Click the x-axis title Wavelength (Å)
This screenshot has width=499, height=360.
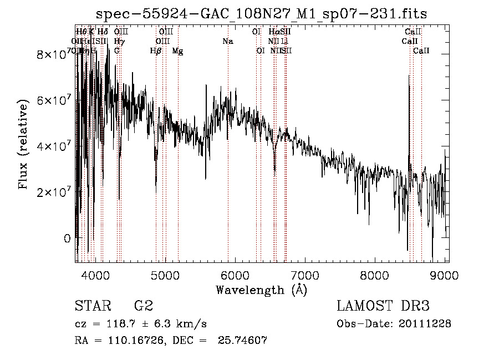pos(261,290)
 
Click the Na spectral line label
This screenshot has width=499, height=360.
pos(228,42)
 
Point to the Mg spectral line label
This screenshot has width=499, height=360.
pos(177,51)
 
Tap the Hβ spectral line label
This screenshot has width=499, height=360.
pos(156,51)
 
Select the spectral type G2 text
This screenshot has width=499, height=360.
pos(144,306)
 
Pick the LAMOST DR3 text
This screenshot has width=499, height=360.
pos(383,306)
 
